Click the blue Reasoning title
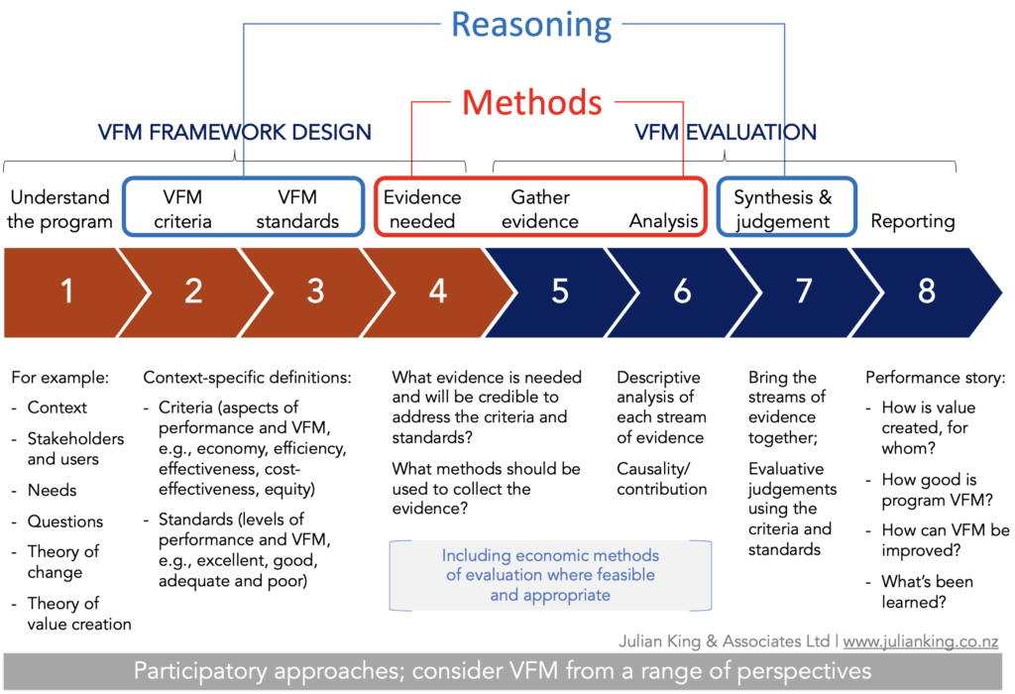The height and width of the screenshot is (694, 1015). click(x=531, y=26)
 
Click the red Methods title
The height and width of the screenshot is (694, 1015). click(x=532, y=102)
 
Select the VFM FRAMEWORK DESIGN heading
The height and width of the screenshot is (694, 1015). click(x=234, y=132)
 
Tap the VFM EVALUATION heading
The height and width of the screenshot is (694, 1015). click(x=725, y=132)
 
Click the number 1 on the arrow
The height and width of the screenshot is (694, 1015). click(x=66, y=291)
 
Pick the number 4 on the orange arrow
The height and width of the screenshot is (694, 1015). click(x=437, y=291)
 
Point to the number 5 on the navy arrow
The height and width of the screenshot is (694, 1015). click(x=560, y=291)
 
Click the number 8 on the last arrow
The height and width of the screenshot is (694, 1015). click(x=927, y=291)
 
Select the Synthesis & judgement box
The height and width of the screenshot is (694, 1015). click(x=787, y=206)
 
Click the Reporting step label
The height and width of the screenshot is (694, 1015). click(x=913, y=221)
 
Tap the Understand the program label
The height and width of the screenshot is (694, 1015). click(x=59, y=209)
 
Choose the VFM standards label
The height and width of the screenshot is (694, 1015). click(x=297, y=209)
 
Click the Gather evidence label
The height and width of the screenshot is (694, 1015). click(x=540, y=209)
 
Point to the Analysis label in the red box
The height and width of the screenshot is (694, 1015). click(x=663, y=221)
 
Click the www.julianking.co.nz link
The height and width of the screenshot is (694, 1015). click(x=921, y=640)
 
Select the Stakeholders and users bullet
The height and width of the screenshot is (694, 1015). click(x=75, y=449)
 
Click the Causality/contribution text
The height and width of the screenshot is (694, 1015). click(x=661, y=479)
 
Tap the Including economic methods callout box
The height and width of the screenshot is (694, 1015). click(x=550, y=576)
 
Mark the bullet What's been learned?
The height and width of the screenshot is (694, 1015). click(x=927, y=592)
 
